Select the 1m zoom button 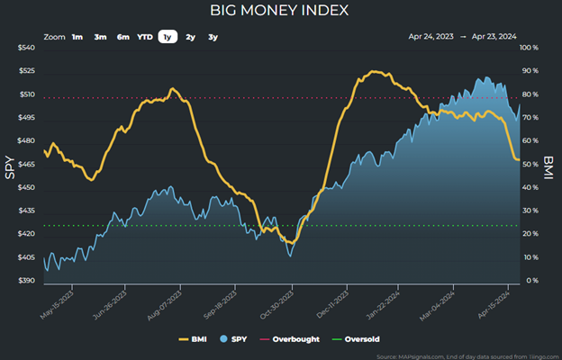77,37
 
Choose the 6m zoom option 122,37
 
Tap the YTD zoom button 144,37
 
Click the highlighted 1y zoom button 167,37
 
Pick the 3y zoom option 213,37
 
